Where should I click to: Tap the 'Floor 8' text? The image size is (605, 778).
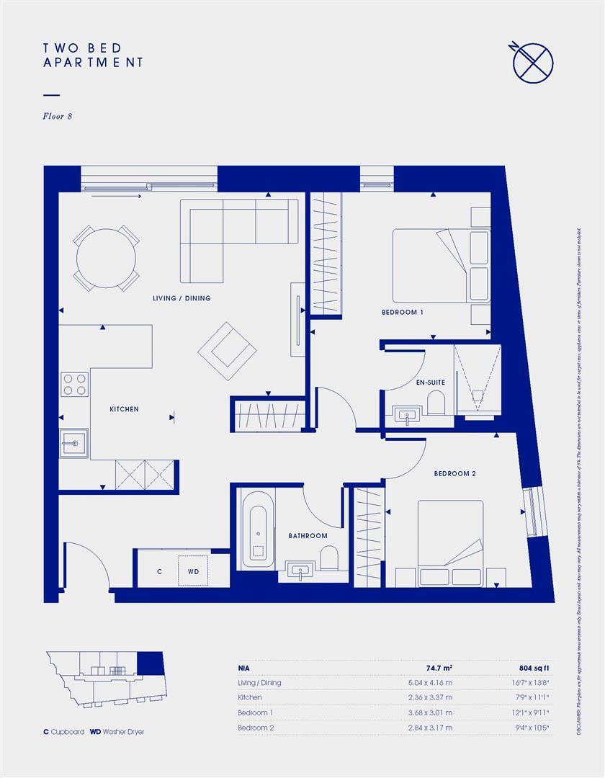[58, 116]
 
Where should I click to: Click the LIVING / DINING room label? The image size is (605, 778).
[181, 298]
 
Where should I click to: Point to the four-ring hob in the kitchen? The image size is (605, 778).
[73, 385]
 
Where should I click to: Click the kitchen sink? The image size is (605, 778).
[73, 443]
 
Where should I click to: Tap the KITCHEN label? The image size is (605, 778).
[124, 409]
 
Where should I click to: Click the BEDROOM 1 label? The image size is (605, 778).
[402, 313]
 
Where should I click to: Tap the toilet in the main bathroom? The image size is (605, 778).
[330, 559]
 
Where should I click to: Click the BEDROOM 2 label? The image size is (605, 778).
[454, 474]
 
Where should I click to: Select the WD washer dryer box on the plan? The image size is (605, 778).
[193, 571]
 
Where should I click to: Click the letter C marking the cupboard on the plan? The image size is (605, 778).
[159, 571]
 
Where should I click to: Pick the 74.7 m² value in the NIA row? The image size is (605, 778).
[439, 668]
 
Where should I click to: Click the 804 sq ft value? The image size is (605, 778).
[534, 668]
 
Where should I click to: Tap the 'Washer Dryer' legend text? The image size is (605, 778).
[123, 732]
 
